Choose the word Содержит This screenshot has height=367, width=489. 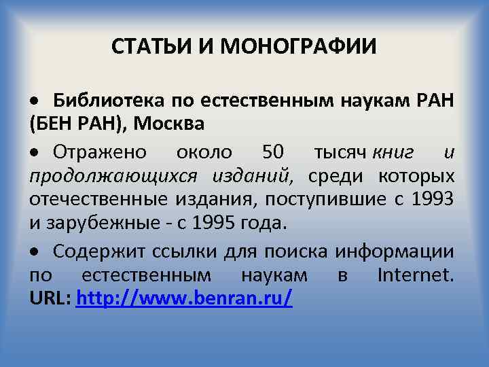click(96, 251)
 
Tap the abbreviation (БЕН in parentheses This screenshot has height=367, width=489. click(48, 126)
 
